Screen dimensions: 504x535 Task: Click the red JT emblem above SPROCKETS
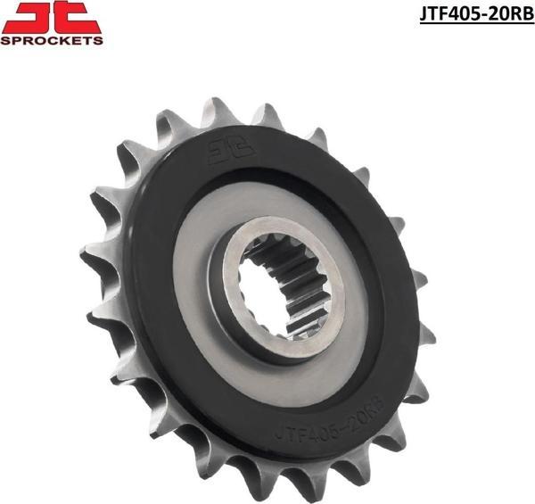click(51, 17)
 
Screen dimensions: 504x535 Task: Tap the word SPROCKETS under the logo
click(51, 40)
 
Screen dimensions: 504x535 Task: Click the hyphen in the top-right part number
click(477, 15)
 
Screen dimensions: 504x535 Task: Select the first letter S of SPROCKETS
click(5, 40)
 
